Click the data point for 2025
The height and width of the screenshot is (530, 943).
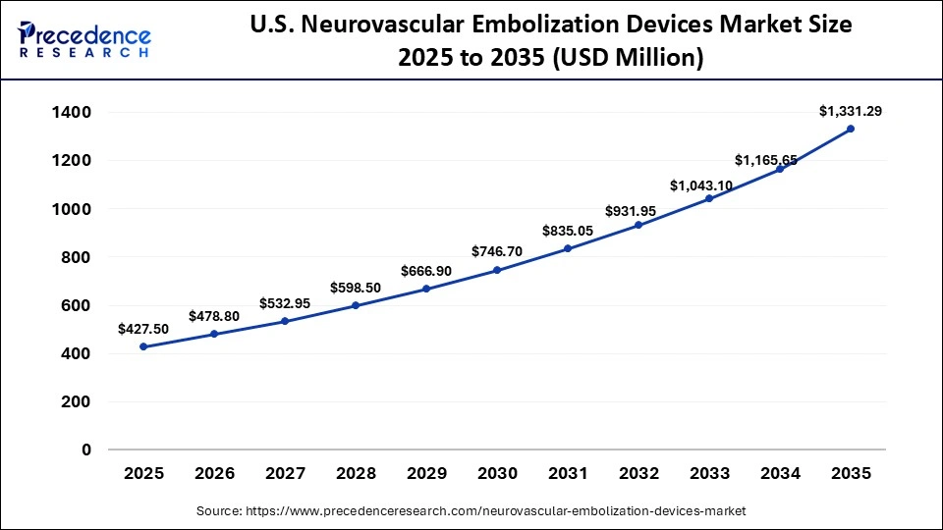coord(143,346)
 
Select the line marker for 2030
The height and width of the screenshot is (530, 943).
coord(497,270)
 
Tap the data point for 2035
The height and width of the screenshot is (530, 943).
coord(851,129)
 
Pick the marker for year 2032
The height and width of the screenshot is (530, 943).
coord(638,225)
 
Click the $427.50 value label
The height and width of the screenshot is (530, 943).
coord(143,329)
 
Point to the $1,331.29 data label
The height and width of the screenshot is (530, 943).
coord(851,111)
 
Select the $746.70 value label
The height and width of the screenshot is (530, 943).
coord(497,251)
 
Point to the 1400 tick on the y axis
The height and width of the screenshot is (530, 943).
coord(72,113)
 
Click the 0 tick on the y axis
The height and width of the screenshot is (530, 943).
coord(86,450)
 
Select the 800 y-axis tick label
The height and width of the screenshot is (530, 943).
coord(77,257)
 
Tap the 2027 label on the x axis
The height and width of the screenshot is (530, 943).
coord(285,473)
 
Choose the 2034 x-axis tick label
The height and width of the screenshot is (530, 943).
coord(780,473)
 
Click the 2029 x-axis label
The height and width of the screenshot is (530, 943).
coord(426,473)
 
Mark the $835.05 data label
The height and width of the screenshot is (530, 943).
coord(568,231)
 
